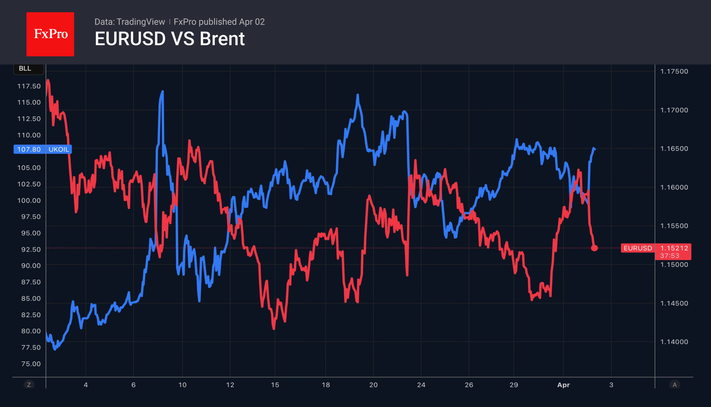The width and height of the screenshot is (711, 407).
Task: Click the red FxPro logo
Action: [50, 34]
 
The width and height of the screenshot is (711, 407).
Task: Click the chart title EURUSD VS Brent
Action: [170, 39]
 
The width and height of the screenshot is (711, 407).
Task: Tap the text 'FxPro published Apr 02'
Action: [219, 22]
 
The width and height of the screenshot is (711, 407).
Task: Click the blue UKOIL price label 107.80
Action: [29, 149]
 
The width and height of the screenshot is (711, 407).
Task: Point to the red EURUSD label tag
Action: [638, 248]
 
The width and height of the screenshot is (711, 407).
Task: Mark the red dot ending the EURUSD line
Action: [594, 248]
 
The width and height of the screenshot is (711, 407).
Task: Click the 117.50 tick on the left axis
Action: [29, 86]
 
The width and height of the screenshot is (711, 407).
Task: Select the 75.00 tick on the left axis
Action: [31, 364]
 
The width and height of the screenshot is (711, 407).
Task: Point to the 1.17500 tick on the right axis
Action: [674, 71]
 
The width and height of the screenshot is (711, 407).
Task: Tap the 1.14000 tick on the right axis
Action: [674, 342]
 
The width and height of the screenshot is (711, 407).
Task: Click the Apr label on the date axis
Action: [563, 385]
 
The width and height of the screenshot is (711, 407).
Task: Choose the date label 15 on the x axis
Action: [275, 385]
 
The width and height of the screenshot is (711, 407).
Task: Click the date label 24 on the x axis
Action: [421, 385]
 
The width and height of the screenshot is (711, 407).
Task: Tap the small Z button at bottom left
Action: [29, 385]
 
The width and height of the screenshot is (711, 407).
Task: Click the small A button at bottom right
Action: [675, 385]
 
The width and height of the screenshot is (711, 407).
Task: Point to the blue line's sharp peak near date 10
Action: [162, 92]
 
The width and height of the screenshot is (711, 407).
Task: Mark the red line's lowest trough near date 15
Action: [274, 328]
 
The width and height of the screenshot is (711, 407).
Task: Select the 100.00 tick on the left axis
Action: [29, 200]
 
